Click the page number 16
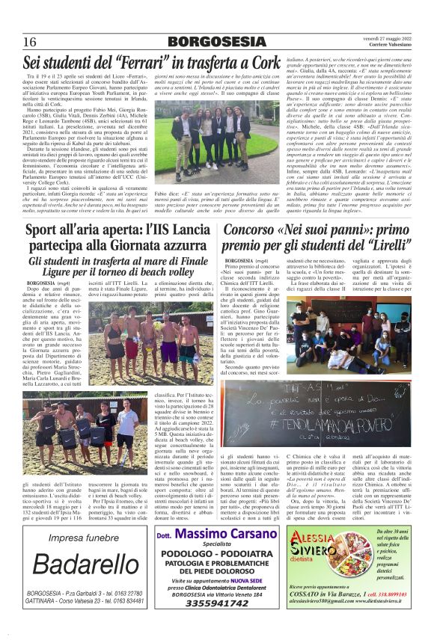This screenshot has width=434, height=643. pos(31,40)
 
